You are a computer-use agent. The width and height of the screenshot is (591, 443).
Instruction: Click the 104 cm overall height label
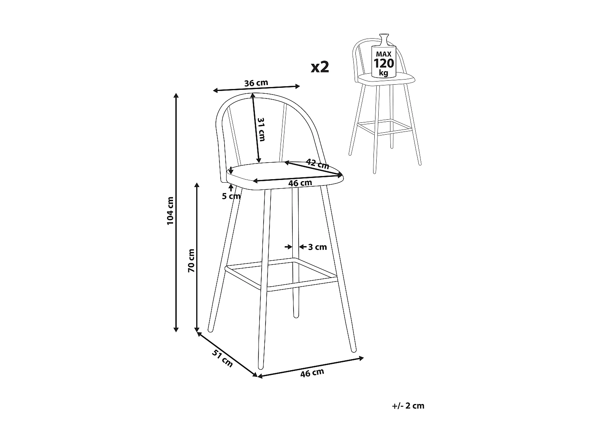click(170, 211)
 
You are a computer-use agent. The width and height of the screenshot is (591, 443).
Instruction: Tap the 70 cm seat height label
click(191, 260)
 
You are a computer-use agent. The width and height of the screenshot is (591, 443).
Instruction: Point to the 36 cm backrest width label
click(256, 83)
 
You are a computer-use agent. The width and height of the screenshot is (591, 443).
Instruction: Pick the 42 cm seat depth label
click(317, 163)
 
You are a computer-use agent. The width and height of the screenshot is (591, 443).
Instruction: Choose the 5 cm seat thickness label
click(231, 196)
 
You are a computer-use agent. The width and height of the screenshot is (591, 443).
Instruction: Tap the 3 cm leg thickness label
click(318, 247)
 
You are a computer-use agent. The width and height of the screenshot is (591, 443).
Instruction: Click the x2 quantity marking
click(320, 67)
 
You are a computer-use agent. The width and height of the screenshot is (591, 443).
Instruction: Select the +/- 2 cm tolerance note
click(409, 406)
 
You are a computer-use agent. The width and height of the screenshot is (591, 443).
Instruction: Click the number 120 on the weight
click(383, 63)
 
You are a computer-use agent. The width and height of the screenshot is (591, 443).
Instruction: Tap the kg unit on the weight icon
click(383, 73)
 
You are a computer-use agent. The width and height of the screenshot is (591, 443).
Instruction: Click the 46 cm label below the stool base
click(312, 373)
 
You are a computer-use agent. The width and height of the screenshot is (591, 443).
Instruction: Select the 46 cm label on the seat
click(300, 183)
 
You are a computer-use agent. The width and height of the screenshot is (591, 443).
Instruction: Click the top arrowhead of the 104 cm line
click(176, 96)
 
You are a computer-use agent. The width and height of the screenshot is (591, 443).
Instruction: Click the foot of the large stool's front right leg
click(353, 349)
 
